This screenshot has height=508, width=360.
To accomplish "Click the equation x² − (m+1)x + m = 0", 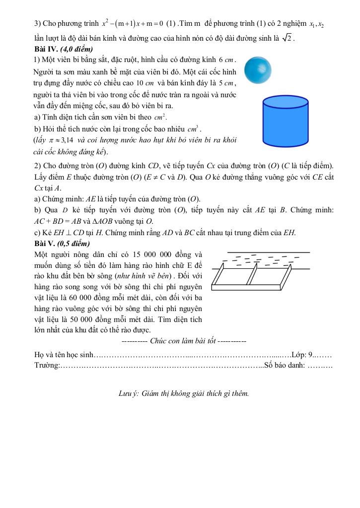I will [x=133, y=24].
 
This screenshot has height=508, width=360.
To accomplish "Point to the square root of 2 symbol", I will [x=287, y=38].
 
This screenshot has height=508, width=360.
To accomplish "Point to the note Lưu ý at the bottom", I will [x=129, y=393].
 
